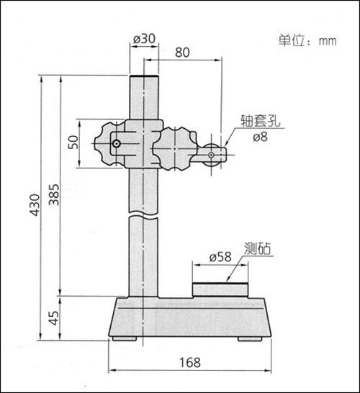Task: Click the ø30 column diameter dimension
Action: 144,39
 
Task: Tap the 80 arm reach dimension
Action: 182,53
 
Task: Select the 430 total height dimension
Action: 35,204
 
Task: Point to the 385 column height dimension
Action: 54,195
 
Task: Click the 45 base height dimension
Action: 54,318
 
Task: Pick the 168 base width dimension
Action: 190,363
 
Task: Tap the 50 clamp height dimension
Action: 73,142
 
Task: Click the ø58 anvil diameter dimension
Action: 220,257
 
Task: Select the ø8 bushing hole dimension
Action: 260,137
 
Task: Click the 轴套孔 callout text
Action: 260,121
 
